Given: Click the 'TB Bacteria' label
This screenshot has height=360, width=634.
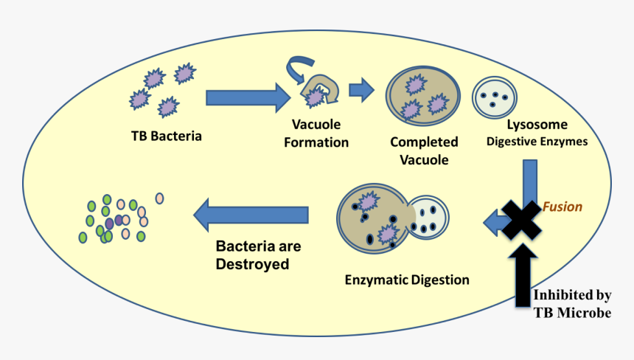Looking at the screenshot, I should coord(166,136).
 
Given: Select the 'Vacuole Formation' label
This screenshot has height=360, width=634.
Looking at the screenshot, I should coord(316,132).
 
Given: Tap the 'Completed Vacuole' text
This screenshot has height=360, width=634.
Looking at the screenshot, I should coord(424,150).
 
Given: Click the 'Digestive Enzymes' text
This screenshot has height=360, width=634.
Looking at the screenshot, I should coord(537,142).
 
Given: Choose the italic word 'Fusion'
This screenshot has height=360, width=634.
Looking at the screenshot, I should coord(562,207).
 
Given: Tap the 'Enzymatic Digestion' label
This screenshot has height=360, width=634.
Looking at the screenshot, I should coord(407,280).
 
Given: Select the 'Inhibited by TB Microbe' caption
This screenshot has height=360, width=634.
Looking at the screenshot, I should coord(573,304).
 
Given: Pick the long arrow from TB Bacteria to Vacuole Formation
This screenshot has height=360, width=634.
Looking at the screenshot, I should coord(248,97).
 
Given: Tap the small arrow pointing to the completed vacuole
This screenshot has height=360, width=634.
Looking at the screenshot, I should coord(360,90).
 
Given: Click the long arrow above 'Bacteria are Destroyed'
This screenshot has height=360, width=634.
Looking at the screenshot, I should coord(251,215).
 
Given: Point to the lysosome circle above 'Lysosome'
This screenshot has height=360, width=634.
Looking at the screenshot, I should coord(494,97).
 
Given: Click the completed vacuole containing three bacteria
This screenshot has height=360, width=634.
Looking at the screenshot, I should coord(423,96).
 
